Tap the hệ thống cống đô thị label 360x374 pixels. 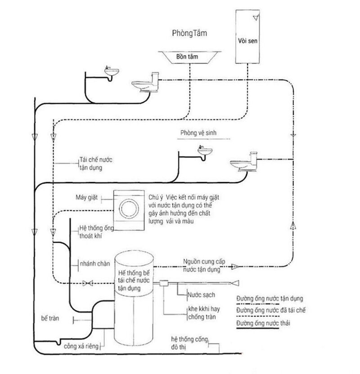tap(188, 341)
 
